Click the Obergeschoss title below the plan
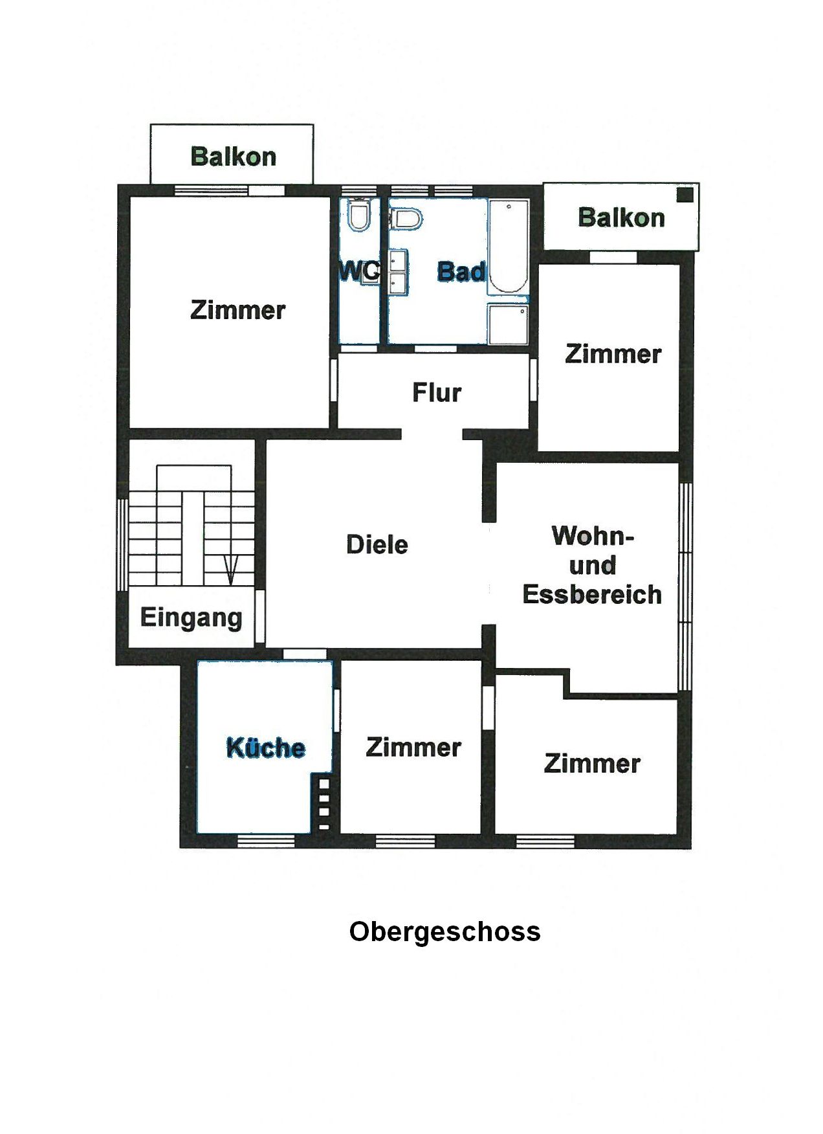tap(444, 932)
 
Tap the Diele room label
tap(377, 544)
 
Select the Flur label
tap(437, 392)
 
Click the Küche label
tap(265, 748)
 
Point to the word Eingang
tap(192, 618)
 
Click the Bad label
tap(461, 271)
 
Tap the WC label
tap(359, 271)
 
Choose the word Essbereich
tap(592, 594)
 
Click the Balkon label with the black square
tap(621, 217)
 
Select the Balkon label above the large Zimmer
tap(233, 157)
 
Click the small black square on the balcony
tap(685, 194)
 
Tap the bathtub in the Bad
tap(509, 246)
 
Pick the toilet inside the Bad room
tap(406, 219)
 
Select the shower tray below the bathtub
tap(508, 324)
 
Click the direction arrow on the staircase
tap(231, 570)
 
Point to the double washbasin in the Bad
tap(398, 272)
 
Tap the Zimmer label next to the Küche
tap(413, 747)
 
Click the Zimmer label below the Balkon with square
tap(613, 354)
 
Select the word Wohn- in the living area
tap(593, 536)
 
